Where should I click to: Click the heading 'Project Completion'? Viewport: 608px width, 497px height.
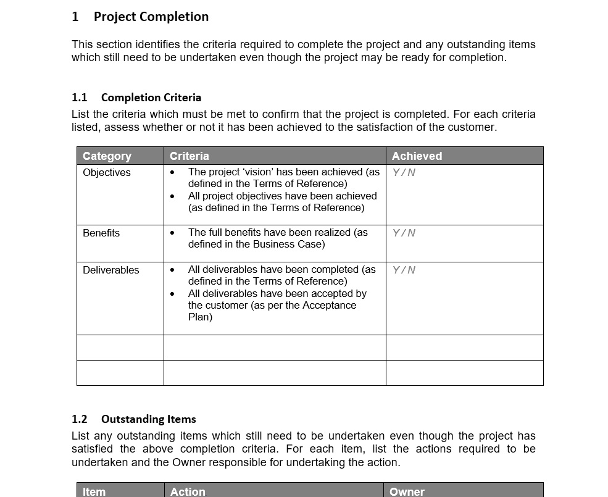click(x=151, y=17)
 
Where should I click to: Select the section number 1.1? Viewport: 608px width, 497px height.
click(x=80, y=98)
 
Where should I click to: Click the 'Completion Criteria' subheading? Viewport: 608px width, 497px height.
click(x=151, y=98)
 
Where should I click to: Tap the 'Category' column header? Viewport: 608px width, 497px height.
click(x=107, y=156)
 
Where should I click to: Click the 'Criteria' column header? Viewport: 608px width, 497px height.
click(x=189, y=156)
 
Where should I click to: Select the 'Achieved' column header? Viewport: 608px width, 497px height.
click(x=417, y=156)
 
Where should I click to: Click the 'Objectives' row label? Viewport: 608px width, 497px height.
click(x=107, y=172)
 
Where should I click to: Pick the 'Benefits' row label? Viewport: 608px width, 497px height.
click(x=101, y=233)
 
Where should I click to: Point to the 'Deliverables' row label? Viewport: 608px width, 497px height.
click(x=111, y=270)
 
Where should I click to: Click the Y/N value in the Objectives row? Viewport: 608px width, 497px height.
click(x=404, y=173)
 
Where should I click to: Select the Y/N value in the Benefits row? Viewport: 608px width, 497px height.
click(x=404, y=233)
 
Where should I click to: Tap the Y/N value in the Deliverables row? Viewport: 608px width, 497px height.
click(x=404, y=270)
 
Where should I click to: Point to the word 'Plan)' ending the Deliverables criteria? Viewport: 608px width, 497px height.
click(x=200, y=317)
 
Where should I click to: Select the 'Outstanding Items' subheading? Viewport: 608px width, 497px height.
click(x=148, y=419)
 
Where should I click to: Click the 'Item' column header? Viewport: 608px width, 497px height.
click(x=94, y=491)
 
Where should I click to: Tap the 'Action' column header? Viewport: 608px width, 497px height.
click(x=188, y=491)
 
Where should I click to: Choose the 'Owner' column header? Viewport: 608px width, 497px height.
click(x=407, y=491)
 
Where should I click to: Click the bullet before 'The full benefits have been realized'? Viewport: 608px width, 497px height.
click(x=172, y=233)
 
